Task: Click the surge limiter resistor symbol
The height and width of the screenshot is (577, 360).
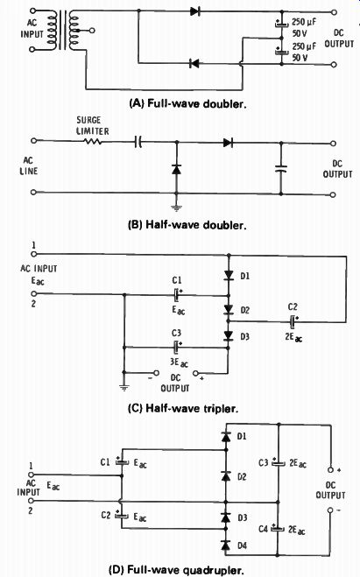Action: (x=92, y=141)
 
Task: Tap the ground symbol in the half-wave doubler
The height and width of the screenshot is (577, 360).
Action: (x=177, y=208)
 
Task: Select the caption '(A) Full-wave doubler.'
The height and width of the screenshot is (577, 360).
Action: (x=187, y=104)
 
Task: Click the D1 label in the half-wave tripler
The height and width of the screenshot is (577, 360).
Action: (x=245, y=276)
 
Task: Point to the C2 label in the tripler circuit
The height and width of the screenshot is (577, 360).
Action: (x=293, y=306)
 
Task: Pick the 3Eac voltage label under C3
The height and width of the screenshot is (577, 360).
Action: (x=179, y=362)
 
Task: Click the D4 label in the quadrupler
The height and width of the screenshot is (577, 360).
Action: (x=242, y=545)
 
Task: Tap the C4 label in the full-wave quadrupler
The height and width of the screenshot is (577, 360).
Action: (x=263, y=529)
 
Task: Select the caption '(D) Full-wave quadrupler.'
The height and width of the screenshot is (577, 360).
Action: (x=176, y=570)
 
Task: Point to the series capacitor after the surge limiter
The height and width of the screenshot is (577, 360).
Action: (x=138, y=142)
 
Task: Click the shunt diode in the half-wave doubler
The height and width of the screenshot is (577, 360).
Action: (x=177, y=169)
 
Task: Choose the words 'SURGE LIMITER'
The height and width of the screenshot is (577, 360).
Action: (x=92, y=126)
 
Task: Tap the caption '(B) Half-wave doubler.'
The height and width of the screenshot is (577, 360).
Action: (x=187, y=225)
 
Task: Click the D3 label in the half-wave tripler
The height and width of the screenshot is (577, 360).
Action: (x=244, y=337)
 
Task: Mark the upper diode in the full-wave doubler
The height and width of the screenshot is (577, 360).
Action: (x=194, y=11)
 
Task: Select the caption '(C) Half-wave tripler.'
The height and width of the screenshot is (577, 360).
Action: (x=183, y=409)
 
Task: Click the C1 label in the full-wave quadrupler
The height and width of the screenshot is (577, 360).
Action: (x=106, y=461)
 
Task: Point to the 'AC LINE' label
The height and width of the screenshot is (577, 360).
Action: (x=28, y=165)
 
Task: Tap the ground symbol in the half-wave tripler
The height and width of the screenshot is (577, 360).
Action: (x=124, y=388)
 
